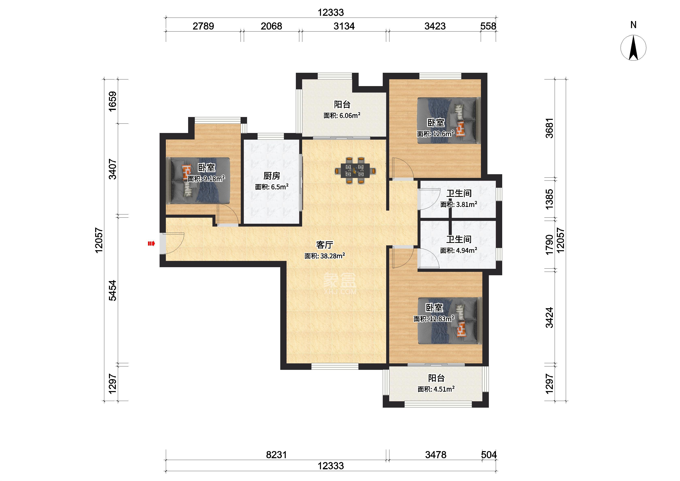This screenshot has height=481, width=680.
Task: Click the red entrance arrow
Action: pyautogui.click(x=151, y=244)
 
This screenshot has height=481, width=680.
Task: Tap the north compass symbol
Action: pyautogui.click(x=633, y=48)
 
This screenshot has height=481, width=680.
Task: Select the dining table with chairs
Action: pyautogui.click(x=355, y=170)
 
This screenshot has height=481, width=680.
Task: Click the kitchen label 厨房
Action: pyautogui.click(x=272, y=176)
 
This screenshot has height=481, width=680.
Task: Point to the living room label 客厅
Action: pyautogui.click(x=325, y=245)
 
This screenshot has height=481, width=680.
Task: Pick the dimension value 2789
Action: pyautogui.click(x=203, y=26)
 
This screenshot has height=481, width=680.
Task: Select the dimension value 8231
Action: pyautogui.click(x=276, y=455)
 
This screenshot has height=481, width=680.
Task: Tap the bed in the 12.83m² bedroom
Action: pyautogui.click(x=449, y=321)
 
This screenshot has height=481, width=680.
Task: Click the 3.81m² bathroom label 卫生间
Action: pyautogui.click(x=459, y=193)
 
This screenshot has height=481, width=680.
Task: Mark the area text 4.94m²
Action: pyautogui.click(x=466, y=250)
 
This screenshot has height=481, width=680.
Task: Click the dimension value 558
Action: pyautogui.click(x=488, y=26)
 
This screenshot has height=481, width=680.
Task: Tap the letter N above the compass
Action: pyautogui.click(x=633, y=25)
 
